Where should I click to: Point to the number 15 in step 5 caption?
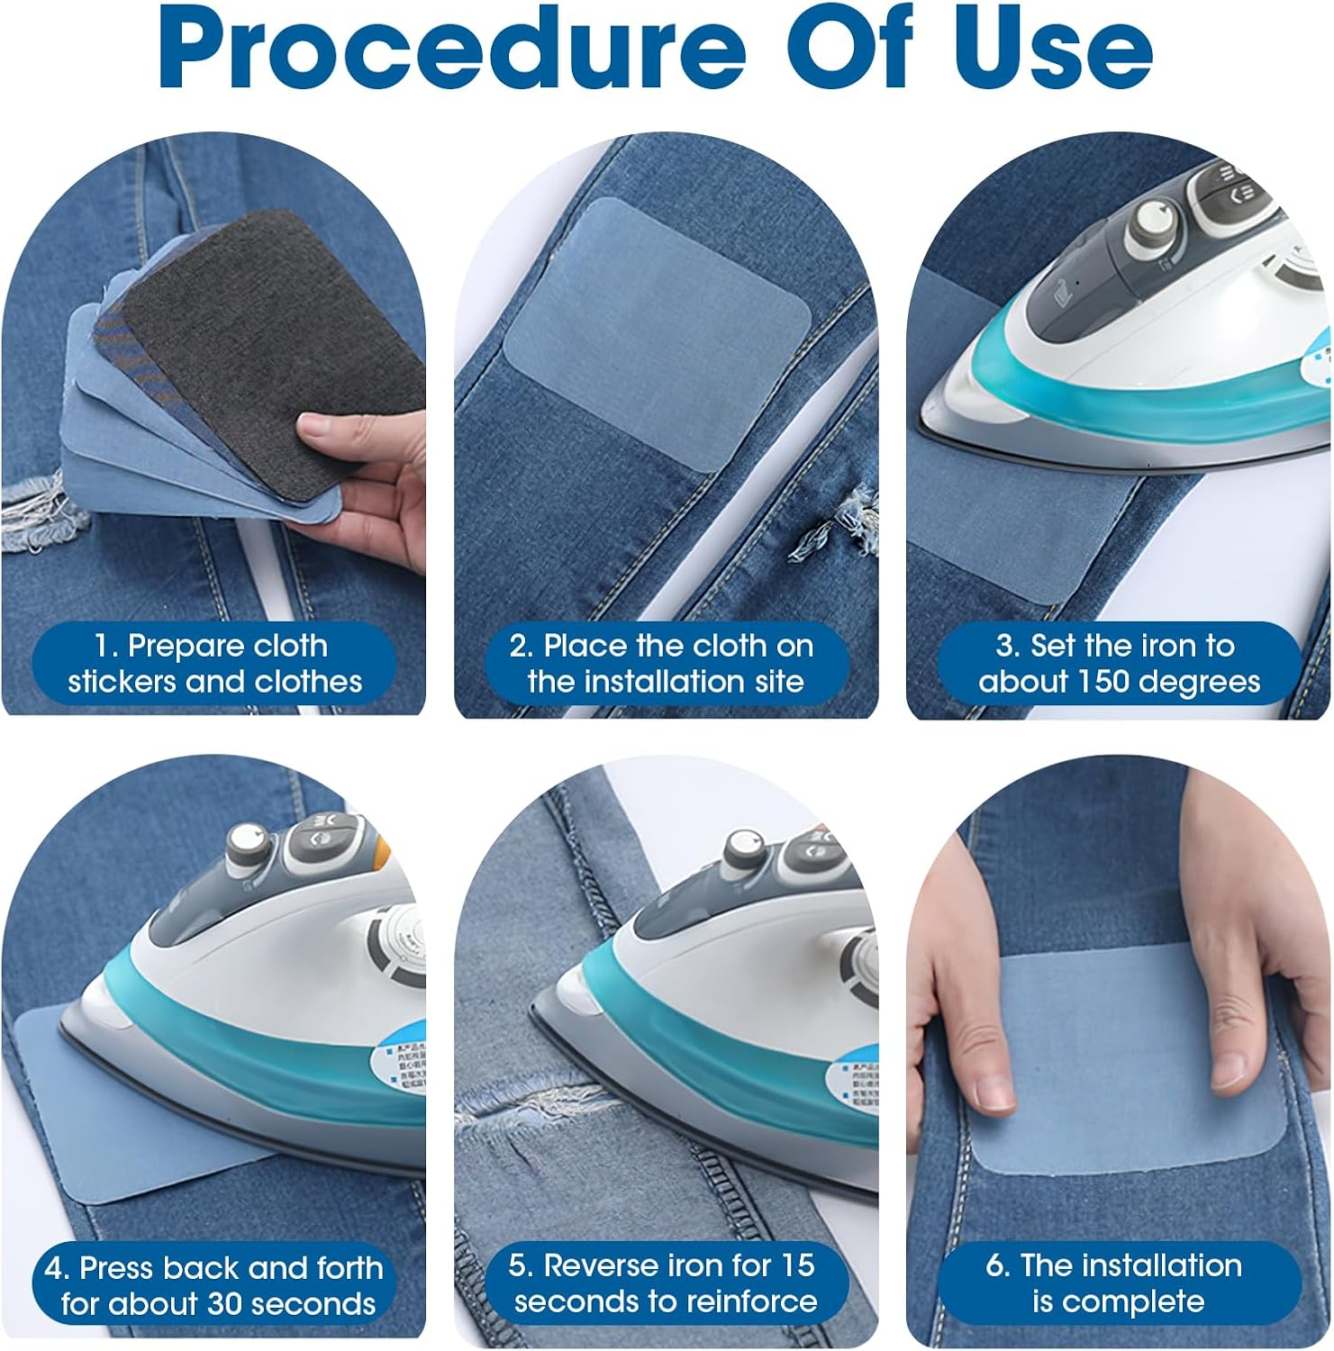coord(797,1265)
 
